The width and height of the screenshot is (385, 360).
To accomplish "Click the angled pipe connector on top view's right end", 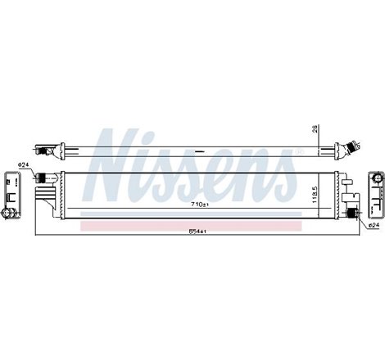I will (x=354, y=148).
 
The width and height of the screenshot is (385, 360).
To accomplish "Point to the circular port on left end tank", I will (x=10, y=214).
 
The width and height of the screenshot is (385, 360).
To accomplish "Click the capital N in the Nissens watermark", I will (x=119, y=168).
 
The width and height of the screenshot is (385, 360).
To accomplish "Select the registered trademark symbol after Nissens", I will (x=298, y=152).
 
